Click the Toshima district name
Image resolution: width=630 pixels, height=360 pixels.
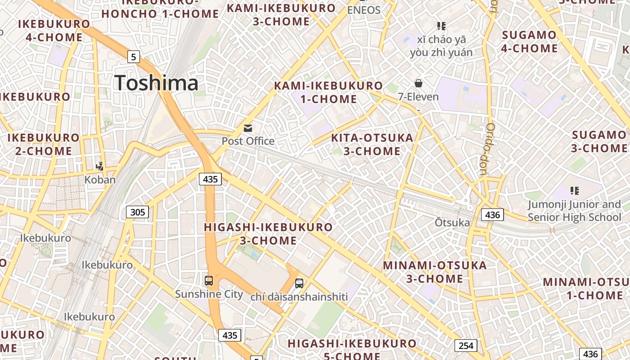click(x=156, y=83)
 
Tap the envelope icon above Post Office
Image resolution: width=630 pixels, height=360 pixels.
click(x=248, y=128)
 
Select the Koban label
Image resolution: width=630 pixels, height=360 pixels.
click(x=100, y=180)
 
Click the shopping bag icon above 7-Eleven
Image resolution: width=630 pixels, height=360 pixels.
click(x=418, y=83)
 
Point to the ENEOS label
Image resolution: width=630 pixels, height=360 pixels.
click(x=364, y=10)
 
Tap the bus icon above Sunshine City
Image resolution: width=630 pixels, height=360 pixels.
click(x=209, y=281)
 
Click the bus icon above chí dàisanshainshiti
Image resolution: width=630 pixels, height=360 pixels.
click(x=299, y=283)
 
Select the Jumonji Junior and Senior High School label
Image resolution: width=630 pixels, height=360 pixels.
click(x=574, y=211)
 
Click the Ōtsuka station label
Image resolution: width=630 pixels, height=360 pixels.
click(x=452, y=223)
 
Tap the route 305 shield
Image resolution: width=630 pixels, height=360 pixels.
click(x=137, y=212)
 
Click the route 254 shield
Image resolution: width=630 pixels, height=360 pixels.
click(x=466, y=346)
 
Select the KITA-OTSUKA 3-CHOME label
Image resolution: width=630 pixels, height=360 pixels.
click(x=372, y=144)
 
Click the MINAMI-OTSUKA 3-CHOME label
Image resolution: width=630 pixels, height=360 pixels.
click(x=435, y=272)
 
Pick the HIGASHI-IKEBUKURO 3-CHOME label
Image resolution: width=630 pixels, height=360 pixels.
click(x=268, y=234)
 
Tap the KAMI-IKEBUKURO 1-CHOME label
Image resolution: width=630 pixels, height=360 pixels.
click(x=328, y=92)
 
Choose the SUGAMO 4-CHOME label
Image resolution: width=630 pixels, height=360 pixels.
click(x=529, y=41)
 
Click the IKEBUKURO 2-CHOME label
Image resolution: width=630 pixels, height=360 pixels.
click(x=44, y=144)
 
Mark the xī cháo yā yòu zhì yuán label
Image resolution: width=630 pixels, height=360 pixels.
click(x=441, y=46)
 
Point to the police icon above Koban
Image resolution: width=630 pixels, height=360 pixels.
click(x=100, y=166)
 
